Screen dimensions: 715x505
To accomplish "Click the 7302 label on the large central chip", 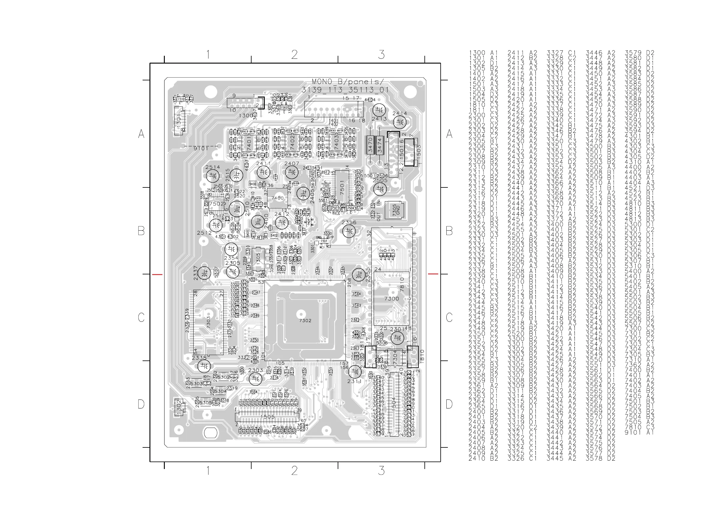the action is click(305, 321).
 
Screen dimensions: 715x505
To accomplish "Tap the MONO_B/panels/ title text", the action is click(348, 82).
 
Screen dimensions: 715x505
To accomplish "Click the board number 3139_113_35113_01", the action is click(345, 90).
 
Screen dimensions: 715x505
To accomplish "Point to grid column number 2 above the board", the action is click(294, 55).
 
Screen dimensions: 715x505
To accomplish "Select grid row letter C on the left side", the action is click(141, 317).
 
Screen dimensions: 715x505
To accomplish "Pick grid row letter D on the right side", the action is click(449, 404).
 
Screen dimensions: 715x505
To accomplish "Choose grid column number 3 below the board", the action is click(381, 471).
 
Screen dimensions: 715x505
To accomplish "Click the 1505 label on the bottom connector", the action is click(267, 417).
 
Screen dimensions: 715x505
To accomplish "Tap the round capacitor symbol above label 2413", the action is click(379, 110).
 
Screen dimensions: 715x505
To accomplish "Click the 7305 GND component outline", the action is click(394, 210).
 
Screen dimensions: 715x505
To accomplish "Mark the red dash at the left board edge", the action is click(157, 274).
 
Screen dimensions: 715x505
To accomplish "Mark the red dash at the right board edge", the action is click(433, 274).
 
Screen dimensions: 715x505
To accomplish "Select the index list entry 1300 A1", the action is click(483, 53).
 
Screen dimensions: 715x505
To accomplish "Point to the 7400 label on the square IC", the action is click(277, 198).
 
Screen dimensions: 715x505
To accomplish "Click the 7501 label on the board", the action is click(342, 188).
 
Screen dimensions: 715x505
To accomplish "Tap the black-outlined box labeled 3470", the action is click(370, 145).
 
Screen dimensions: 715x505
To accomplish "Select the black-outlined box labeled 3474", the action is click(380, 145).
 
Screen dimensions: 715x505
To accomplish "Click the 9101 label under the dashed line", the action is click(201, 149).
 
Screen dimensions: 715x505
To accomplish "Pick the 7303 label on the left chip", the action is click(208, 322).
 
